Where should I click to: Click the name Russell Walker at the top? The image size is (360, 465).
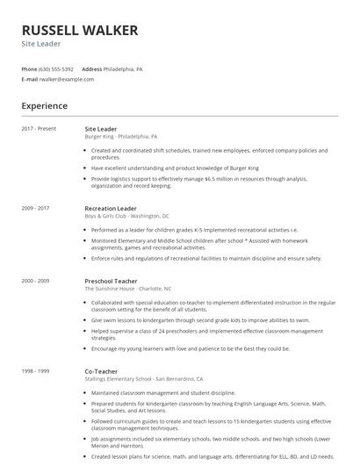[80, 31]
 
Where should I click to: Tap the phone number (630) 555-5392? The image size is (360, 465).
[57, 68]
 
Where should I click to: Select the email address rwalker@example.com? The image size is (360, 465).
[67, 79]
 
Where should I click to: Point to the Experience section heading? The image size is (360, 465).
[45, 106]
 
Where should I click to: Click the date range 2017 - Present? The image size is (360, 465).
[39, 129]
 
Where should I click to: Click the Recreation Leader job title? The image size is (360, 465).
[111, 208]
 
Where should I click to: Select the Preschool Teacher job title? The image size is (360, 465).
[112, 281]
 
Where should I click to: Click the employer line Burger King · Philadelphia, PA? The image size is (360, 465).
[121, 137]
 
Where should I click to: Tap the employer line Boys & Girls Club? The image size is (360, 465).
[127, 216]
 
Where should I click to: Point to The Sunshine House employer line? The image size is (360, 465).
[128, 289]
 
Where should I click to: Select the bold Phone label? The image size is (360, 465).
[29, 68]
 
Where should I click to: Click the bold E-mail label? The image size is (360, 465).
[30, 79]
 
